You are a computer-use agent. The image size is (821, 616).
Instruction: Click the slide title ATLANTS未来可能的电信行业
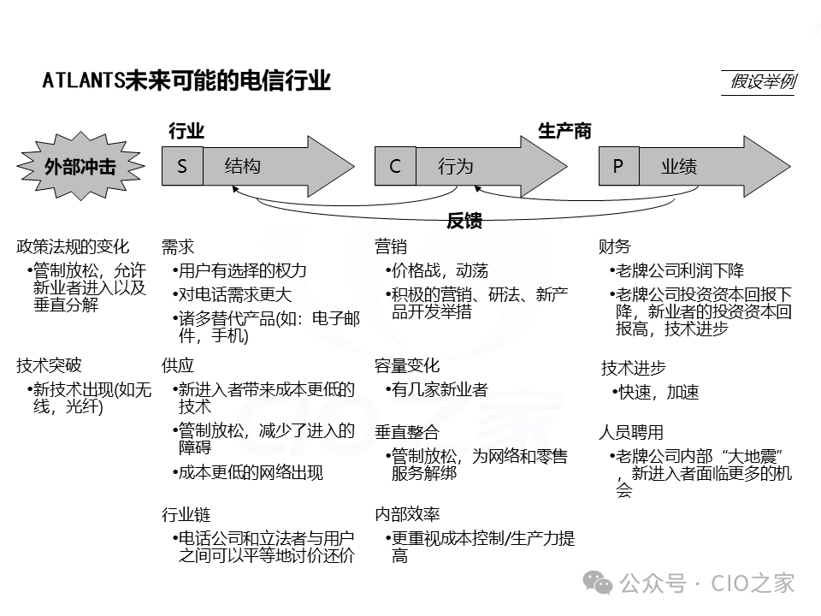(186, 81)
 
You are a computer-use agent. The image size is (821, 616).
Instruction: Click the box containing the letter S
(182, 166)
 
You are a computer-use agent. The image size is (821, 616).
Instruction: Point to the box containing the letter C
(395, 166)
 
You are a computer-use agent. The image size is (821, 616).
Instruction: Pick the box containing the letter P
(618, 166)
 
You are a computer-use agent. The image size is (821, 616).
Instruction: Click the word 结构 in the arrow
(243, 166)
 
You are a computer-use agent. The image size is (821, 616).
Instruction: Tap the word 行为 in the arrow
(456, 166)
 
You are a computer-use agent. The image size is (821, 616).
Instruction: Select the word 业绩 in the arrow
(679, 166)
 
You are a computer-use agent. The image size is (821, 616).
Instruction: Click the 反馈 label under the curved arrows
(464, 222)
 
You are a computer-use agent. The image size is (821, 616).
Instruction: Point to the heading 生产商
(564, 131)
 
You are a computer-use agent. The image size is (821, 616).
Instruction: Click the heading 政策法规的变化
(73, 247)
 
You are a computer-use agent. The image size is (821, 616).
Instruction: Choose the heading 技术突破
(49, 365)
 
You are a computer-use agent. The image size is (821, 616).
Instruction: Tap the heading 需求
(178, 247)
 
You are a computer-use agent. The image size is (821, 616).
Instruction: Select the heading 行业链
(186, 515)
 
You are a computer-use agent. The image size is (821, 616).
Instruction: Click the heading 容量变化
(407, 365)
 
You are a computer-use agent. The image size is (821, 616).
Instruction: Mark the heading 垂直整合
(407, 432)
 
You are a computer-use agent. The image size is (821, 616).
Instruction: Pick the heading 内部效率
(407, 515)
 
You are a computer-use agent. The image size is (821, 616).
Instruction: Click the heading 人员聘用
(631, 432)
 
